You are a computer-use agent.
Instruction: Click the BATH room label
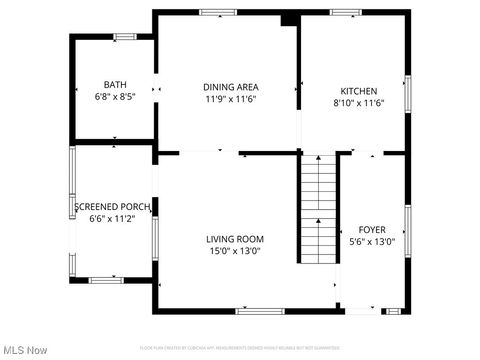tap(114, 84)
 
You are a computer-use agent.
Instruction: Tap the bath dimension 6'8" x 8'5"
tap(114, 97)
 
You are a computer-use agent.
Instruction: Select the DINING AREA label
tap(231, 87)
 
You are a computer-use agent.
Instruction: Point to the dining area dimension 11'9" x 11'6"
tap(231, 99)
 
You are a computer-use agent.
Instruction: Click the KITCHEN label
tap(358, 90)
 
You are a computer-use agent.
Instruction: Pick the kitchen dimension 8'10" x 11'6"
tap(358, 102)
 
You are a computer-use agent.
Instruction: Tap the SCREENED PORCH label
tap(112, 207)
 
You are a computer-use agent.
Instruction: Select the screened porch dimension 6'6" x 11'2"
tap(112, 219)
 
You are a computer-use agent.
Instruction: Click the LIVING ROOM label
tap(235, 239)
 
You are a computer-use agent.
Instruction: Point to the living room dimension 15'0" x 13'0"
tap(235, 251)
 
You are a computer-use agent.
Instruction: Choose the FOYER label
tap(371, 228)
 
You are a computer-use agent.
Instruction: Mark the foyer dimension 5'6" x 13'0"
tap(371, 241)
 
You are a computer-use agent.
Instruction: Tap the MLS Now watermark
tap(26, 350)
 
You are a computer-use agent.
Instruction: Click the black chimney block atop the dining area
tap(289, 19)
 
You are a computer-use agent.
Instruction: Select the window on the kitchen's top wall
tap(346, 12)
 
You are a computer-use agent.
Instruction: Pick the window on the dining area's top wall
tap(215, 12)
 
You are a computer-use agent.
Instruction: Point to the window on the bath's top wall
tap(124, 37)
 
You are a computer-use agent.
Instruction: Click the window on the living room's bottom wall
tap(257, 311)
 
